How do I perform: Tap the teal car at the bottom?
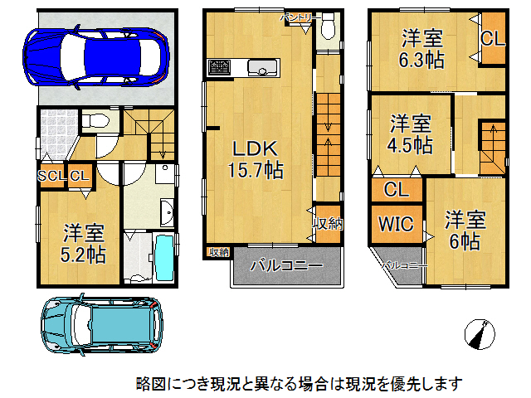pos(104,323)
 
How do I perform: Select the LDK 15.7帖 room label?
pos(256,159)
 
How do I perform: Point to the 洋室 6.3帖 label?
pos(422,49)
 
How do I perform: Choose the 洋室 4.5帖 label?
pos(411,134)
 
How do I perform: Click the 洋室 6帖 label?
pos(464,230)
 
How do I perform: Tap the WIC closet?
pos(397,223)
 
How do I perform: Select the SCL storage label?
pos(52,176)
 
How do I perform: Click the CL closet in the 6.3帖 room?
pos(492,38)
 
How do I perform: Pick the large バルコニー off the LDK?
pos(286,267)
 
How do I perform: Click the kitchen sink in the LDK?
pos(265,67)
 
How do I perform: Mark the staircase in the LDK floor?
pos(329,133)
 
